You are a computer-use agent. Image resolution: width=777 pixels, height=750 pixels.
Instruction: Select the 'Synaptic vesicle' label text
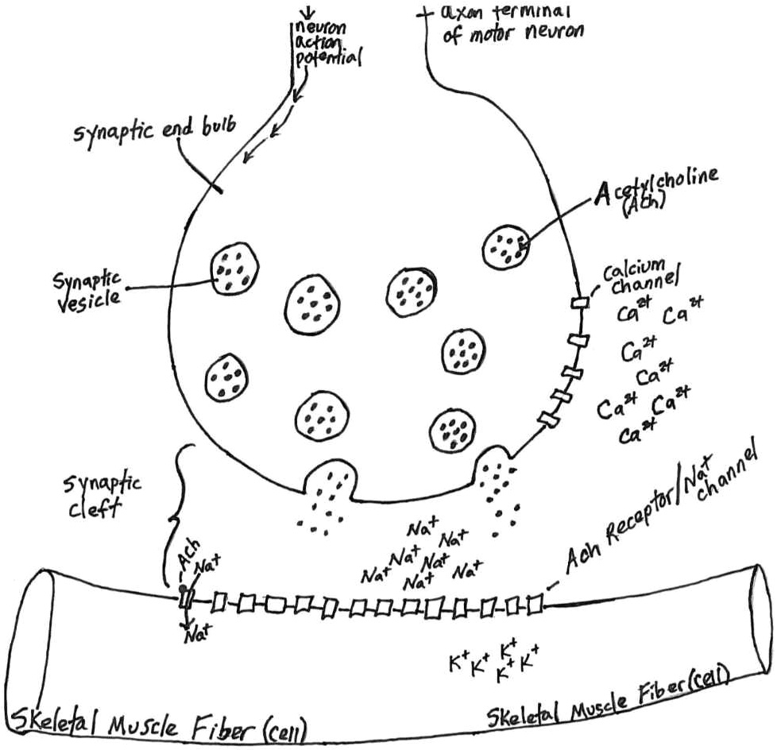tap(87, 289)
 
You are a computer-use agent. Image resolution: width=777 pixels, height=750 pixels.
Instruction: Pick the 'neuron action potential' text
tap(323, 44)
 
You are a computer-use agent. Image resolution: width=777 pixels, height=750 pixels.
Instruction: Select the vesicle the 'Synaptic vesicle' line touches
tap(234, 269)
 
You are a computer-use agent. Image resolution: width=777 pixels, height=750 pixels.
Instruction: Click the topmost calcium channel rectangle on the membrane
tap(581, 303)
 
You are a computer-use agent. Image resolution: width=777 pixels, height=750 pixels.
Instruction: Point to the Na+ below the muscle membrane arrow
tap(195, 636)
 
